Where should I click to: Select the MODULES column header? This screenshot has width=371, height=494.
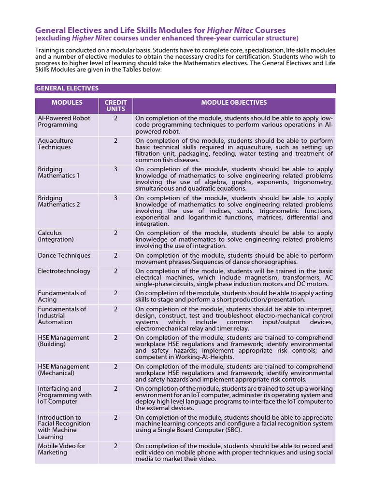pyautogui.click(x=67, y=103)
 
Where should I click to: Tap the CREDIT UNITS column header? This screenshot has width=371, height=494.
pyautogui.click(x=115, y=106)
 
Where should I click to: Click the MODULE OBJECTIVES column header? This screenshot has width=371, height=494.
pyautogui.click(x=234, y=103)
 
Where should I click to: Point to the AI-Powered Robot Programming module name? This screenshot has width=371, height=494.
pyautogui.click(x=64, y=121)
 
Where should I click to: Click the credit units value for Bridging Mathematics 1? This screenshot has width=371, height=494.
pyautogui.click(x=115, y=169)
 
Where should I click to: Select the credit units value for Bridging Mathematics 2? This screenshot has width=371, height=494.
pyautogui.click(x=115, y=198)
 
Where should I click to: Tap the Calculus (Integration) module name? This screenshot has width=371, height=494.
pyautogui.click(x=56, y=236)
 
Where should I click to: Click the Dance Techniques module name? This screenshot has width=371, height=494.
pyautogui.click(x=64, y=255)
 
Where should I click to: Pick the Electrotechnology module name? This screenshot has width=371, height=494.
pyautogui.click(x=64, y=271)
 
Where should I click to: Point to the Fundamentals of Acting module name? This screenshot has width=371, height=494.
pyautogui.click(x=62, y=296)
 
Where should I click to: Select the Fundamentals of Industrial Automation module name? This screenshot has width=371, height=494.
pyautogui.click(x=62, y=316)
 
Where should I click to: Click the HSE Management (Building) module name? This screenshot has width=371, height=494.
pyautogui.click(x=63, y=341)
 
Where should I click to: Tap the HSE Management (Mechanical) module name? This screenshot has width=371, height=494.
pyautogui.click(x=63, y=370)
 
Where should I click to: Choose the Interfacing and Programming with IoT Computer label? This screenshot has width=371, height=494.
pyautogui.click(x=64, y=395)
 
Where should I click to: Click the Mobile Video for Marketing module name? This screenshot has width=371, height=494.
pyautogui.click(x=61, y=449)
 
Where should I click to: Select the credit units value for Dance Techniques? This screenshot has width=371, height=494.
pyautogui.click(x=115, y=255)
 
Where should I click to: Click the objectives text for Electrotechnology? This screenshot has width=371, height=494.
pyautogui.click(x=234, y=278)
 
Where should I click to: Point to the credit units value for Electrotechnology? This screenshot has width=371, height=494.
pyautogui.click(x=115, y=271)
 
